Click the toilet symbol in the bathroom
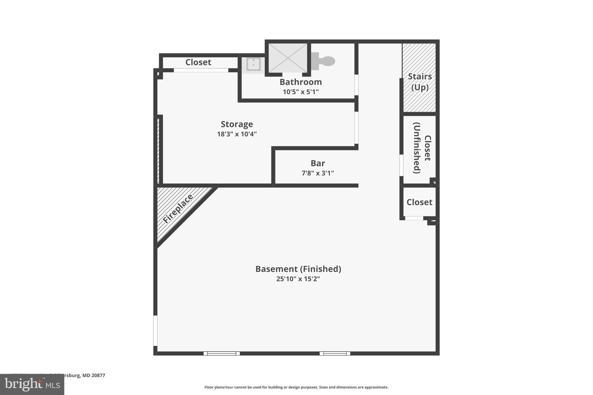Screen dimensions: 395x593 point(324,61)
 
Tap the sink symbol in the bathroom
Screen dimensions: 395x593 point(253,64)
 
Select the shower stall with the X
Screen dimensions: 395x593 point(288,58)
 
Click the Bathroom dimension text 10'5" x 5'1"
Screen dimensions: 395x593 point(301,92)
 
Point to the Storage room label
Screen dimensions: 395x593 point(237,124)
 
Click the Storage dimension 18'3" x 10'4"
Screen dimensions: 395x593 point(237,134)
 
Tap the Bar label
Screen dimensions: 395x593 point(318,163)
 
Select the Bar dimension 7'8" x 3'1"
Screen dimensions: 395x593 point(318,173)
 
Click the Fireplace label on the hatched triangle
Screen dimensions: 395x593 point(177,209)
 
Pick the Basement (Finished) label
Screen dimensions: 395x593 point(298,269)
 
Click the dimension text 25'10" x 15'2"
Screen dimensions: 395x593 point(298,279)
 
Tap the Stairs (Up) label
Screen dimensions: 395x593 point(420,82)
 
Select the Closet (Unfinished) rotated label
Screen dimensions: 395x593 point(422,148)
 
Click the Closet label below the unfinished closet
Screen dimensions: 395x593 point(419,202)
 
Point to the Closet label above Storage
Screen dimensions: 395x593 point(198,62)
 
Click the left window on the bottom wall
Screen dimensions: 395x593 point(222,353)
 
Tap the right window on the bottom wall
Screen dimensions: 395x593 point(335,353)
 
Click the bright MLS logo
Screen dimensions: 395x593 point(32,385)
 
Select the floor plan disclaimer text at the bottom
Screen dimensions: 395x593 point(296,387)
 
